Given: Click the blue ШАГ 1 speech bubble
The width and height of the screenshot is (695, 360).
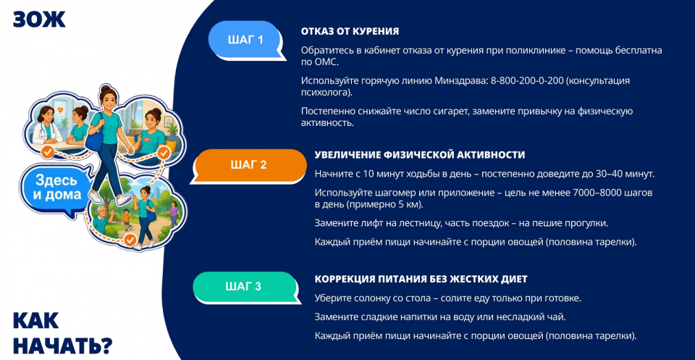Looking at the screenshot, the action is click(x=245, y=40).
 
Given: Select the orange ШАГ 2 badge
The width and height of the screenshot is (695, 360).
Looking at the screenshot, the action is click(x=248, y=165).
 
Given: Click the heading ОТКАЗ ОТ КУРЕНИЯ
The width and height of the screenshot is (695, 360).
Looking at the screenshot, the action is click(x=350, y=31).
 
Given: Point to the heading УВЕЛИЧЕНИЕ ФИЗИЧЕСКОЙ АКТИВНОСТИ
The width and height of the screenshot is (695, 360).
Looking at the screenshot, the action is click(x=420, y=155).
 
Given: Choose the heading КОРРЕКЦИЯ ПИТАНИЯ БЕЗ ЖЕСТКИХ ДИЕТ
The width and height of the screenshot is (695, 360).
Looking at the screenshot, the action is click(x=421, y=280).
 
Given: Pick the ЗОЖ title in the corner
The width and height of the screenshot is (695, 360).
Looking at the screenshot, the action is click(x=39, y=19).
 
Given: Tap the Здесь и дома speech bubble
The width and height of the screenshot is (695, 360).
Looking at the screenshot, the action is click(x=56, y=188).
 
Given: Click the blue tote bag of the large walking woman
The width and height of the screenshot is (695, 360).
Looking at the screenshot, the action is click(x=94, y=138).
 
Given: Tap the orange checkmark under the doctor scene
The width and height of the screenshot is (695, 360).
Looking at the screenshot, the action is click(x=49, y=153).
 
